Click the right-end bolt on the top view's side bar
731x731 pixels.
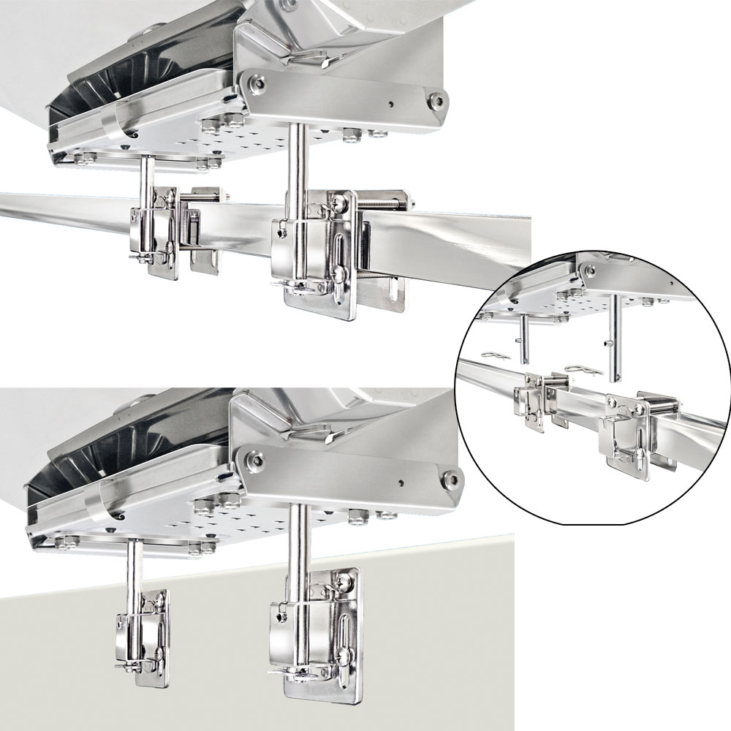[436, 99]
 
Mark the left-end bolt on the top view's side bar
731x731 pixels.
[256, 80]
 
